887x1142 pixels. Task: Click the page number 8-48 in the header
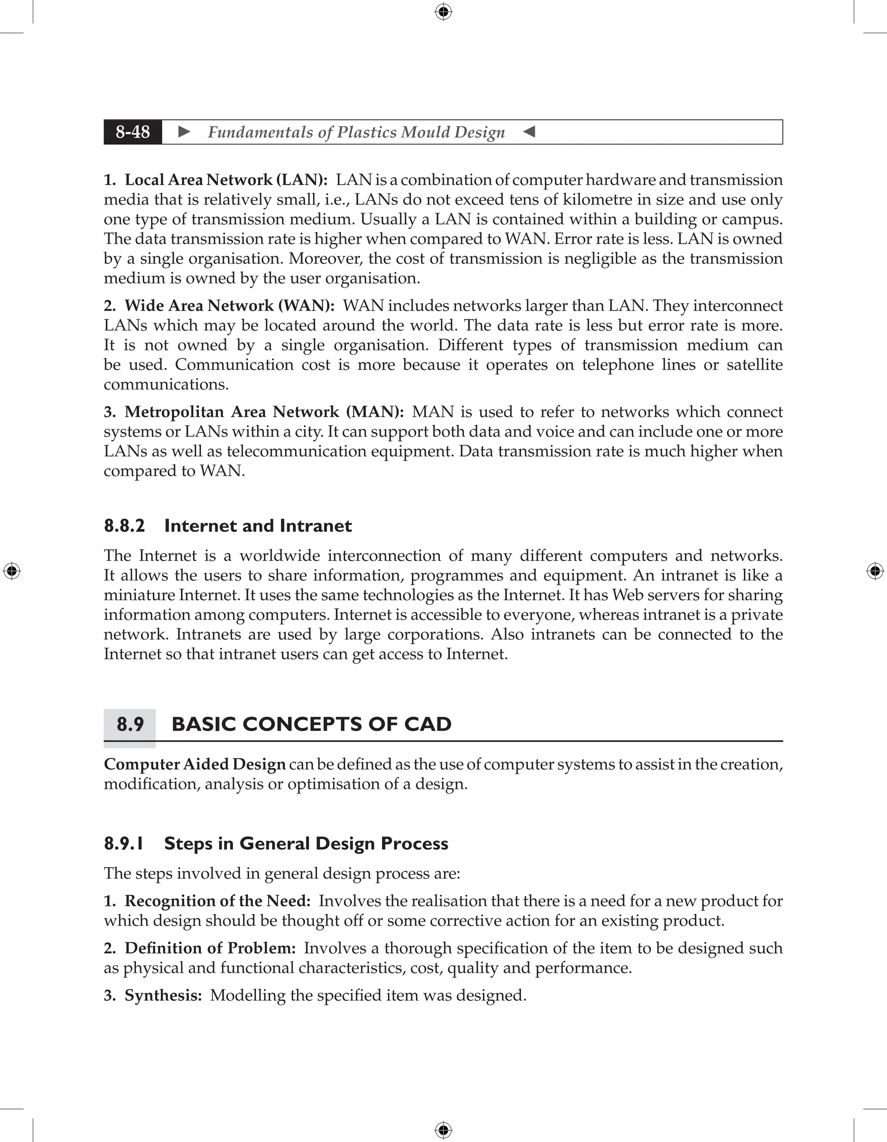pos(133,132)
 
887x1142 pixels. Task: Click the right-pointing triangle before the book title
pos(184,132)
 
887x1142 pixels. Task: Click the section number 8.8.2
pos(124,526)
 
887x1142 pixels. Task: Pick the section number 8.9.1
pos(124,844)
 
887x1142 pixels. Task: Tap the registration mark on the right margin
pos(875,571)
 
